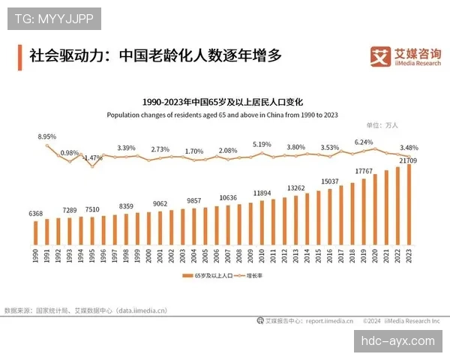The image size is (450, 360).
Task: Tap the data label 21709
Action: click(x=409, y=160)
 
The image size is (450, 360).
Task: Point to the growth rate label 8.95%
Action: click(x=46, y=137)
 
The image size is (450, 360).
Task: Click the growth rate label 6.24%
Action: click(x=364, y=142)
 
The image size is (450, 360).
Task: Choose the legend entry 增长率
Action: click(x=254, y=277)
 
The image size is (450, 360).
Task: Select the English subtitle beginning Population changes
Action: click(x=222, y=115)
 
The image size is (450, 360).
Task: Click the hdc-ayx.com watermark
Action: click(x=397, y=340)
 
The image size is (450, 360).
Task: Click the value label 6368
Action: click(x=35, y=214)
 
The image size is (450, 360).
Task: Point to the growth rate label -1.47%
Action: click(x=92, y=157)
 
